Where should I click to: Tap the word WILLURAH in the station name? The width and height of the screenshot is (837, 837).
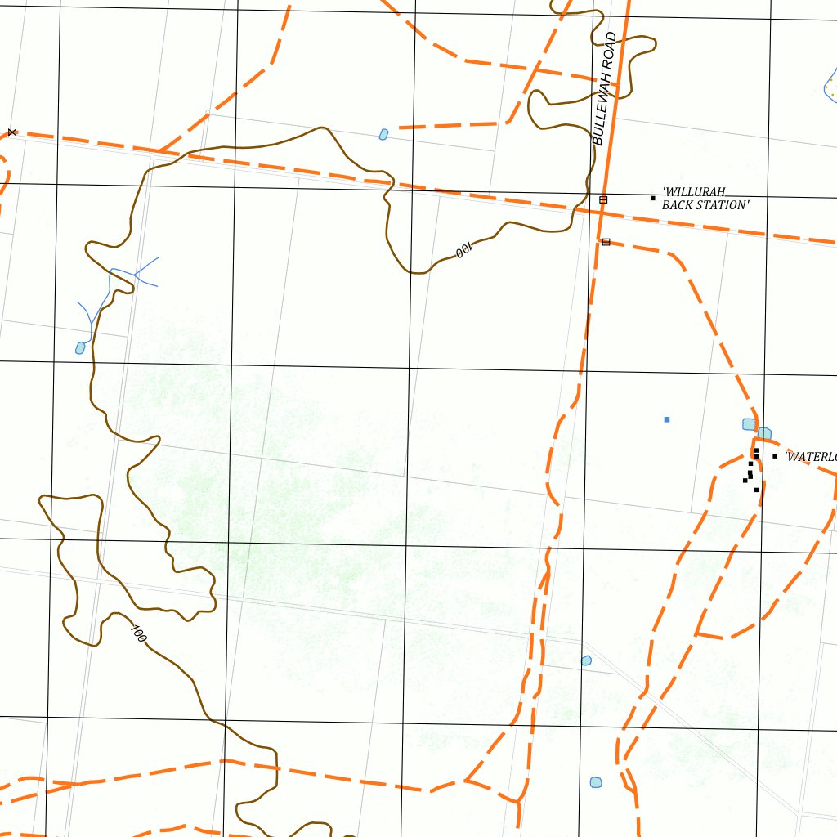(694, 192)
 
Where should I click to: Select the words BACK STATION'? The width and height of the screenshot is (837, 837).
(704, 205)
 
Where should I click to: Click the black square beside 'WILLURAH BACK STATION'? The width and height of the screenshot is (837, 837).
(652, 198)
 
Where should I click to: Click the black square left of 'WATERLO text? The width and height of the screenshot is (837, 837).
(775, 456)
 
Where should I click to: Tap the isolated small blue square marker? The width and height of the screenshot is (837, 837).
(667, 419)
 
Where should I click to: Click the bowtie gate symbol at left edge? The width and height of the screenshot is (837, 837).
(11, 132)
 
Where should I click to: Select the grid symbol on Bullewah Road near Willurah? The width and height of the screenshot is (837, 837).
(603, 199)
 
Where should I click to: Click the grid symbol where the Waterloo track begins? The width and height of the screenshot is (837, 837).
(606, 242)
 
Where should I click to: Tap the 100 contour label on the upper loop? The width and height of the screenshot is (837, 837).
(463, 250)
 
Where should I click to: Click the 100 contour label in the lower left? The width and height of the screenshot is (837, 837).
(137, 632)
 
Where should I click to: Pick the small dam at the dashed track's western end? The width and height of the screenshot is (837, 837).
(383, 134)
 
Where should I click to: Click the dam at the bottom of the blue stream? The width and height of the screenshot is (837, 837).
(80, 348)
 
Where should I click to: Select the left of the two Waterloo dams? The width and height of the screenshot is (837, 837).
(748, 423)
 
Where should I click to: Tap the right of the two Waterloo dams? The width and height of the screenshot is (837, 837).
(764, 432)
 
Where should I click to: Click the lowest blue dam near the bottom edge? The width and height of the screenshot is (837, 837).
(596, 782)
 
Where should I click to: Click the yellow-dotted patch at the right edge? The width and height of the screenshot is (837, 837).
(831, 83)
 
